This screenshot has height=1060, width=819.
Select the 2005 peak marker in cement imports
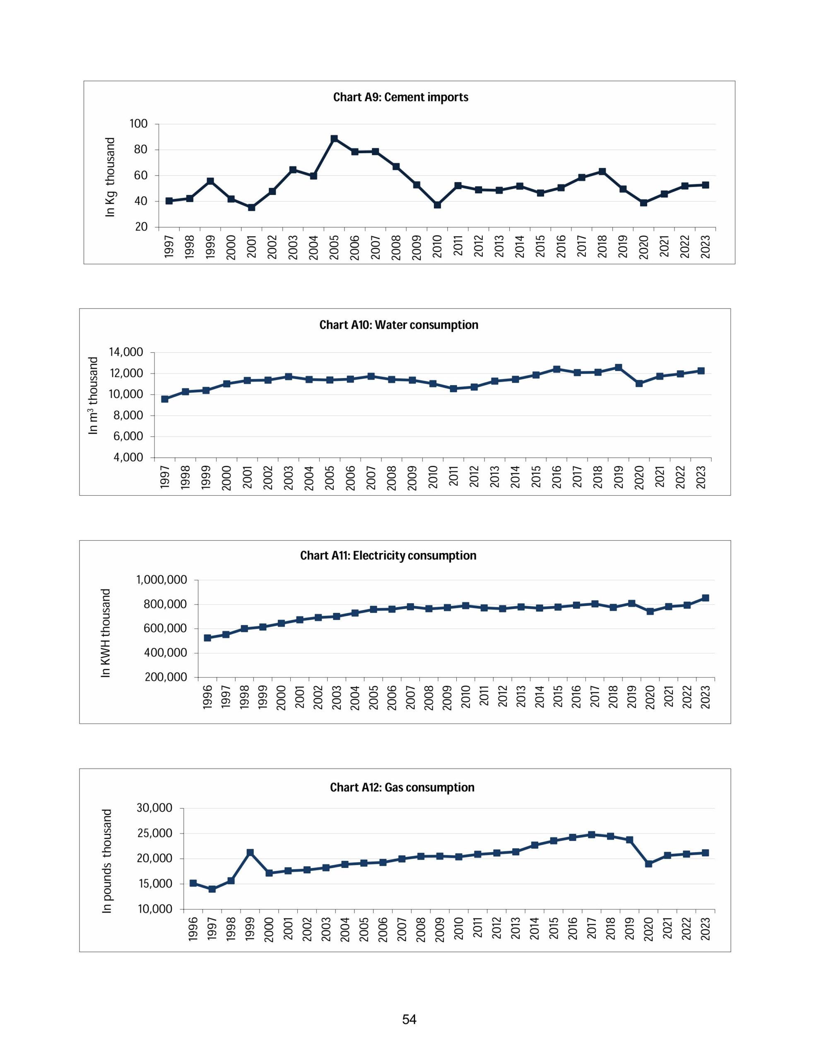click(334, 139)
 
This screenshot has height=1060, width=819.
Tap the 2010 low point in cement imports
click(437, 205)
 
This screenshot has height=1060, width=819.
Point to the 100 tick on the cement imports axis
click(138, 124)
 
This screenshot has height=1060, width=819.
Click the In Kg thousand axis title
click(111, 177)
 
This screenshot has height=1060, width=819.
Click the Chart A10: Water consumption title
click(399, 325)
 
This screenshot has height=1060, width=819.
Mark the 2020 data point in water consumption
click(639, 383)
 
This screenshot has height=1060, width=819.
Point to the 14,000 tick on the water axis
click(125, 352)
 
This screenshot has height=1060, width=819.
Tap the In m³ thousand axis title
click(93, 395)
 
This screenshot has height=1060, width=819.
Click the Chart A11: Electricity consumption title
click(388, 555)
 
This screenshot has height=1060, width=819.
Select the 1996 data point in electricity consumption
click(207, 638)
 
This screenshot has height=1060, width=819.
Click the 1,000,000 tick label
click(161, 580)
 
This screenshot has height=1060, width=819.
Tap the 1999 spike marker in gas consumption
click(250, 852)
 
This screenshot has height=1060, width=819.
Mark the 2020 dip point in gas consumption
click(648, 863)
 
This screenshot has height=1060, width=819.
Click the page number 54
click(409, 1019)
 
